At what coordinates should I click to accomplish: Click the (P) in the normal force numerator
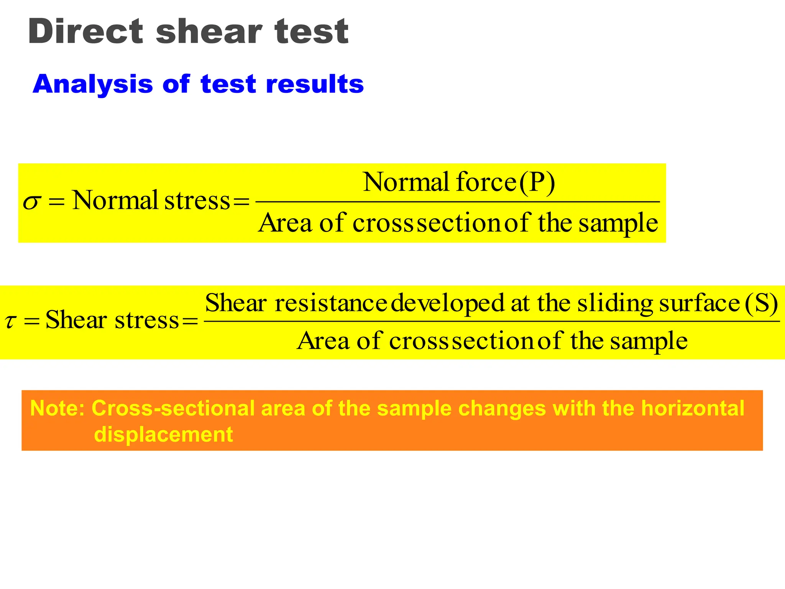coord(537,182)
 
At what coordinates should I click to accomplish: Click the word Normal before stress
coord(115,200)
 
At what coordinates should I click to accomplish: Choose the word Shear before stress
coord(76,320)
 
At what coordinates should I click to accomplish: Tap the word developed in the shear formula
coord(448,303)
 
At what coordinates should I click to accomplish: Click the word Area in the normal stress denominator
coord(285,223)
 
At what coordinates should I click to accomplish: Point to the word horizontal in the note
coord(693,408)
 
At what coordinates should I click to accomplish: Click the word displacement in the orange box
coord(163,434)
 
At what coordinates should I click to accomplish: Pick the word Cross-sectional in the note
coord(173,408)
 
